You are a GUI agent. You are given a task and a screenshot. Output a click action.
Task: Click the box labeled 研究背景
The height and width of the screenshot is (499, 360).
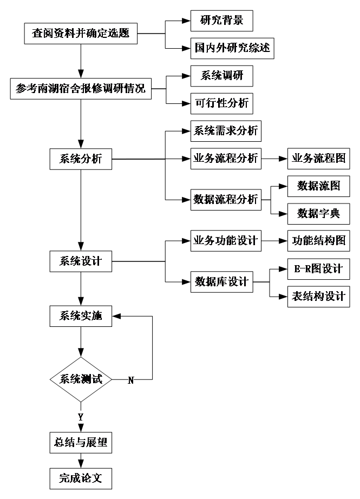coord(221,21)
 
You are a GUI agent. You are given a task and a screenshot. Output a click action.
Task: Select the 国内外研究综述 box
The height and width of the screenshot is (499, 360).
coord(232,48)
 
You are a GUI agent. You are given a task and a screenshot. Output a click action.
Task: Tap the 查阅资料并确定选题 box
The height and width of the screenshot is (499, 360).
coord(81,34)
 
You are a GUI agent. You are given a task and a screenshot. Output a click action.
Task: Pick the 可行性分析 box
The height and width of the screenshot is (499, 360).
coord(221,103)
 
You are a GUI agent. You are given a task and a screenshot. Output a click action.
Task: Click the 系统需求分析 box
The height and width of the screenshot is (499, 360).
coord(226,131)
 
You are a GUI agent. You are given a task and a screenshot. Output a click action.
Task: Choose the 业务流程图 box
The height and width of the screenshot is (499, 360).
coord(319,159)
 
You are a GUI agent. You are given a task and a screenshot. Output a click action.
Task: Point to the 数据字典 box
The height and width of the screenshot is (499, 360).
coord(319,214)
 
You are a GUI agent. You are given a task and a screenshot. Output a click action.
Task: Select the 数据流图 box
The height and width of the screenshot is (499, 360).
coord(319,186)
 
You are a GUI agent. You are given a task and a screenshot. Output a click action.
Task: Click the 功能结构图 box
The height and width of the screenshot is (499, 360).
coord(319,241)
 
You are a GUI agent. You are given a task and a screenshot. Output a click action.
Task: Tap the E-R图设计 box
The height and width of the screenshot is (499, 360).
coord(319,269)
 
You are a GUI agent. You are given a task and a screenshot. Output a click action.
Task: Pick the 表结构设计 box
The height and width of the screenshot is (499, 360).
coord(319,297)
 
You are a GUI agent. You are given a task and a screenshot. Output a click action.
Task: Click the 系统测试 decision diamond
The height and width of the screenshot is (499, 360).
coord(81,379)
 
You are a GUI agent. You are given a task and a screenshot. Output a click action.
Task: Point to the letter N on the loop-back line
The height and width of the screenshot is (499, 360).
coord(131,380)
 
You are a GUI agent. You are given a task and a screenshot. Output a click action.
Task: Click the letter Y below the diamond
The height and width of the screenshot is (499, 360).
coord(81,417)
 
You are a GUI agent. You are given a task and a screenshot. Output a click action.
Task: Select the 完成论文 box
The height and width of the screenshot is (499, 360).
coord(81,478)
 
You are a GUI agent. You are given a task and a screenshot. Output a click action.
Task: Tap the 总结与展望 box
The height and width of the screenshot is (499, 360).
coord(81,443)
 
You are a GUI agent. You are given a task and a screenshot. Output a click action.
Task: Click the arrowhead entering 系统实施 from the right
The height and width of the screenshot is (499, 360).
coord(116,316)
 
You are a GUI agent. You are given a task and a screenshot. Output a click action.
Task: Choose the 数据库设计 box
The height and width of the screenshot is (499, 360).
coord(221,282)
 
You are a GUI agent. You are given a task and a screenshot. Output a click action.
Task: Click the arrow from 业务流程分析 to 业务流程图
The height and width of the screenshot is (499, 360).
coord(274,159)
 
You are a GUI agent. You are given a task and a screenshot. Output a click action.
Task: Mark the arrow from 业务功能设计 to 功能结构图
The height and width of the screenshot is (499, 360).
coord(274,241)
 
